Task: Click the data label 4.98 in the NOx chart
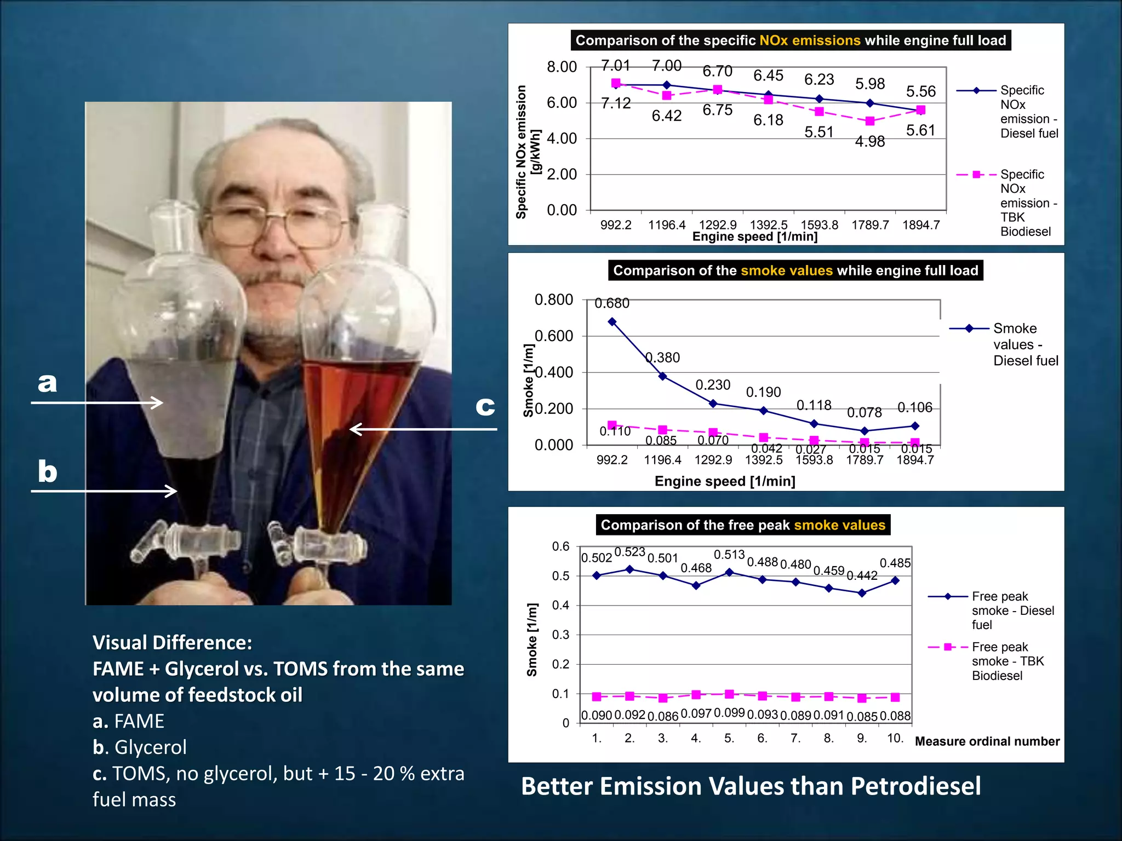tap(869, 142)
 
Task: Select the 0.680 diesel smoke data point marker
tap(612, 322)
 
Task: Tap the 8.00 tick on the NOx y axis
tap(562, 67)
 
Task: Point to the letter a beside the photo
tap(48, 382)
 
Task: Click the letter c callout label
tap(485, 406)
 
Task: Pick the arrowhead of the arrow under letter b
tap(171, 491)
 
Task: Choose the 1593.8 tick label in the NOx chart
tap(819, 225)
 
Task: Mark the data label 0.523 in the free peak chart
tap(629, 552)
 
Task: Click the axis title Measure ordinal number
tap(987, 741)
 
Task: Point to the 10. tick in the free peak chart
tap(895, 738)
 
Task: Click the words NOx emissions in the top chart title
tap(810, 41)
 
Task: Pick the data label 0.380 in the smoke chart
tap(662, 358)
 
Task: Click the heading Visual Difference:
tap(172, 643)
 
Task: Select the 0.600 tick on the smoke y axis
tap(553, 336)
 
